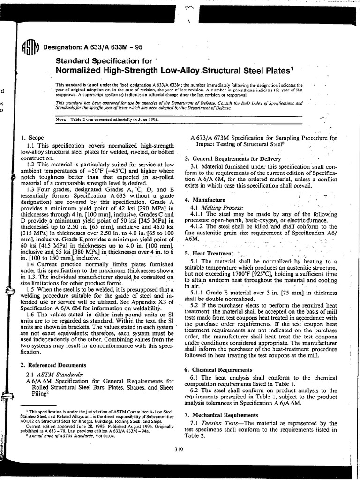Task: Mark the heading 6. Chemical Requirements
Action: point(218,370)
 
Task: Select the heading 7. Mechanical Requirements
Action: point(221,415)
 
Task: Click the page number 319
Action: point(178,450)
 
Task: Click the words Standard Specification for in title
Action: point(104,61)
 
